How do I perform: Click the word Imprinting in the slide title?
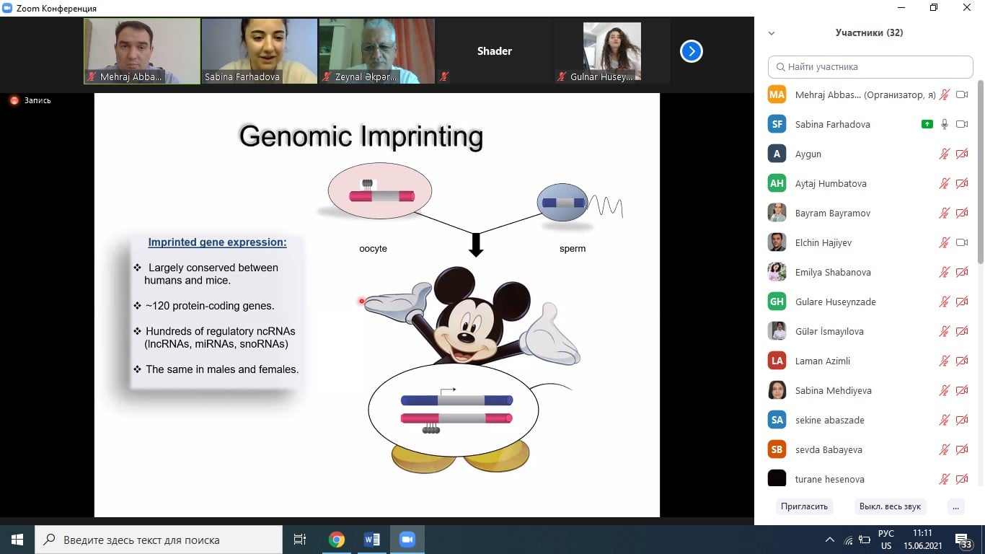[422, 136]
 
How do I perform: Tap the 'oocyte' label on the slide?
[373, 249]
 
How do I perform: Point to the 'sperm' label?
[572, 249]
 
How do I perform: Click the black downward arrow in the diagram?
[476, 245]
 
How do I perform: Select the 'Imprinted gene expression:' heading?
[217, 242]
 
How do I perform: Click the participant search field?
[870, 67]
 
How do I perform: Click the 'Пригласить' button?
[804, 506]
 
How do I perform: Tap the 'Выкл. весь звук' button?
[890, 506]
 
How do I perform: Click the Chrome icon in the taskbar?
[337, 540]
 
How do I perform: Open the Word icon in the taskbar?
[372, 540]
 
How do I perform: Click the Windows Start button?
[17, 540]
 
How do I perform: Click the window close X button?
[966, 7]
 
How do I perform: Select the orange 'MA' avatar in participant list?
[777, 94]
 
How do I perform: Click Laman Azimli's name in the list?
[822, 361]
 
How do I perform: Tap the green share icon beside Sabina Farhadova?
[927, 124]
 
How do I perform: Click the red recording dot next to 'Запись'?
[14, 100]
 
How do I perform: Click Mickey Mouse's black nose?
[466, 338]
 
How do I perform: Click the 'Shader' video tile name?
[494, 51]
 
